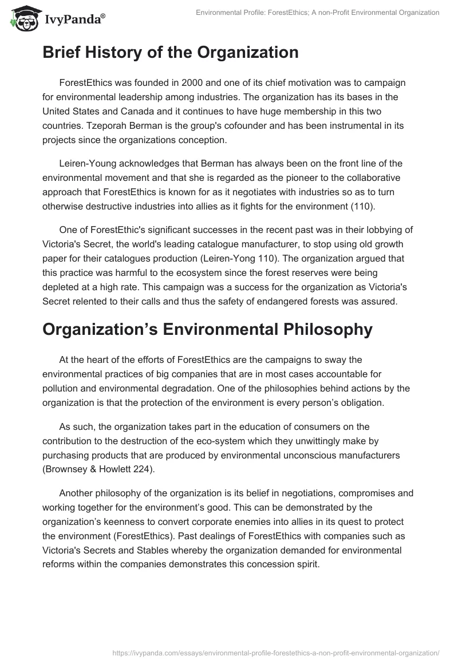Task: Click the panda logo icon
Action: click(22, 19)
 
